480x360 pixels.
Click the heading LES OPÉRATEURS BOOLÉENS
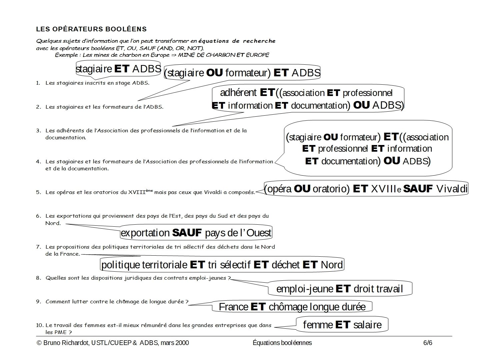click(91, 29)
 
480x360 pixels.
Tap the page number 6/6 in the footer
click(428, 343)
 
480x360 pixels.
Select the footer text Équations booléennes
click(282, 343)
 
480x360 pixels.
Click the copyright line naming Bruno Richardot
click(113, 343)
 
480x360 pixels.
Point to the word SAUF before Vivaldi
click(418, 189)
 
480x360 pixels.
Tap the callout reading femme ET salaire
click(342, 324)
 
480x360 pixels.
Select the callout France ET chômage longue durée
click(292, 306)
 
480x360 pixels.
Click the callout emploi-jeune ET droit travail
click(340, 289)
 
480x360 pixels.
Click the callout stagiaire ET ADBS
click(118, 69)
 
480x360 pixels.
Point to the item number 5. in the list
click(38, 192)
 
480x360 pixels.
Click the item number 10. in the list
click(39, 325)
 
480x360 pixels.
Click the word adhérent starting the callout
click(238, 92)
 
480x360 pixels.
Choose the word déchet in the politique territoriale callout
click(286, 265)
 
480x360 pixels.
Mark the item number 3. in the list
click(38, 131)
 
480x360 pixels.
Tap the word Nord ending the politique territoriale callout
click(332, 265)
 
